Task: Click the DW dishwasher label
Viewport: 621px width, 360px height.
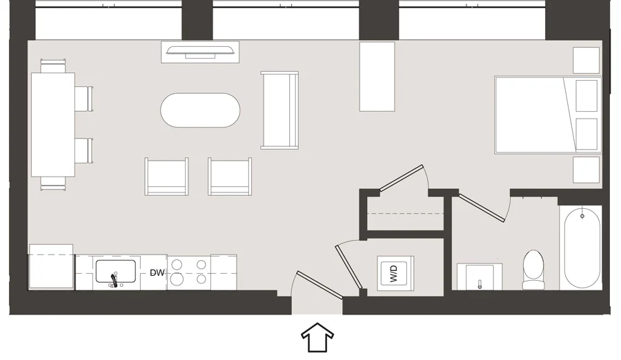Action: tap(157, 272)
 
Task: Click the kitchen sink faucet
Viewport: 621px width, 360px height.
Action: tap(113, 276)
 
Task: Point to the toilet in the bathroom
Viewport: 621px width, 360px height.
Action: tap(534, 270)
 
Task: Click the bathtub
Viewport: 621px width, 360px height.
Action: tap(582, 248)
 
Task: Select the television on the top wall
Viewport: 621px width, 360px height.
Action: tap(201, 52)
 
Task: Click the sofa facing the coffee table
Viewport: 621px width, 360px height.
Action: tap(279, 110)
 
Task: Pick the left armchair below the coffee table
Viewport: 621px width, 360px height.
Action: tap(166, 177)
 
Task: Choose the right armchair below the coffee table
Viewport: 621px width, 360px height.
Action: tap(230, 177)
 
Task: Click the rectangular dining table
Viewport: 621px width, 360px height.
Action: tap(52, 125)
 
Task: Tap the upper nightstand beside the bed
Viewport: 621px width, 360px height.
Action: tap(586, 60)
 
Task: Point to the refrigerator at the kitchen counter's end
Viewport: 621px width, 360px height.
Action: tap(50, 268)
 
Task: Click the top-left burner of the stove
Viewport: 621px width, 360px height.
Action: tap(177, 263)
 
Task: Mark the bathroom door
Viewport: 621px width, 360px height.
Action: tap(482, 208)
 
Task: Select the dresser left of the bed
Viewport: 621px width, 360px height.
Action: tap(377, 76)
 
